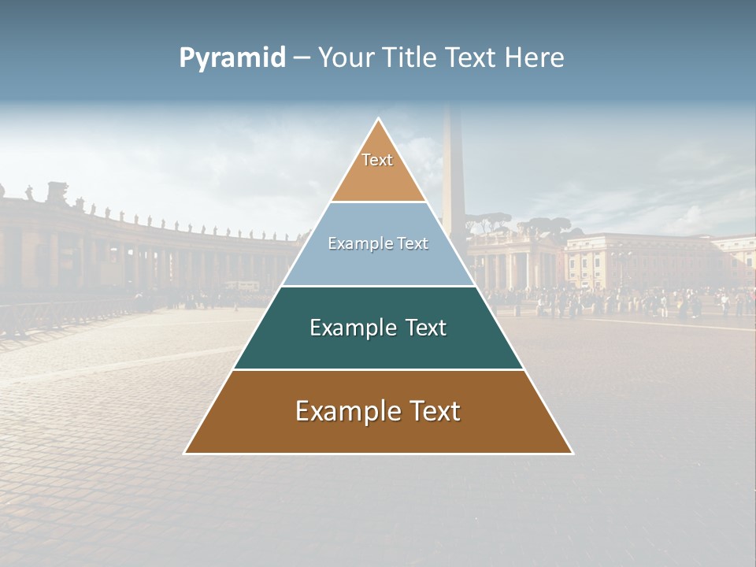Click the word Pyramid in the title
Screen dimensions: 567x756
232,58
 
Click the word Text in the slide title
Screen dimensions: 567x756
472,57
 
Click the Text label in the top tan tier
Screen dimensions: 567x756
377,160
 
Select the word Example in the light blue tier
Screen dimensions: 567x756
358,244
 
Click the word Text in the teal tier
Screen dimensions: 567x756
425,328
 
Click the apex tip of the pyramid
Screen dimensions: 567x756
378,119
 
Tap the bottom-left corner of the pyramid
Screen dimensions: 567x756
185,453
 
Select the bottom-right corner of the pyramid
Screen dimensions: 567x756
572,453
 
